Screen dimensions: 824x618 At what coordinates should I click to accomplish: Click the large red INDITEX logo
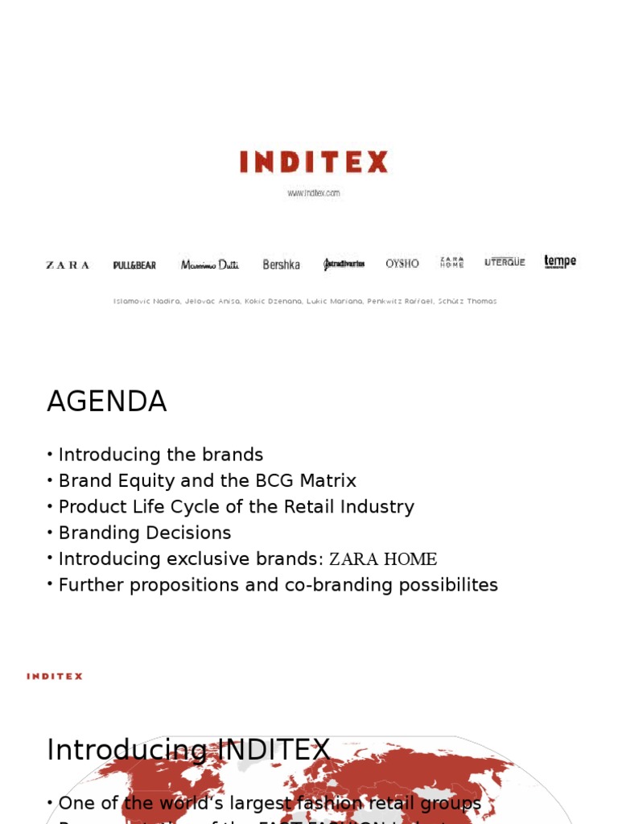click(314, 163)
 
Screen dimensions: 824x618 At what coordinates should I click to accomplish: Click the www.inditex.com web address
click(314, 193)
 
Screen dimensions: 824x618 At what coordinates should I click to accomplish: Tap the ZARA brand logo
click(68, 265)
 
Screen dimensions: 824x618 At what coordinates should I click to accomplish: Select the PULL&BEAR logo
click(135, 265)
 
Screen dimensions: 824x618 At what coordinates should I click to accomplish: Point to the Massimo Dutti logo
click(210, 265)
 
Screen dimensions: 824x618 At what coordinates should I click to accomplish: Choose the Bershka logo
click(282, 265)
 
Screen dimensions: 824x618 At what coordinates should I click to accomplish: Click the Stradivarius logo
click(344, 265)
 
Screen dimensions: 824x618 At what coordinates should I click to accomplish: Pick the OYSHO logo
click(402, 263)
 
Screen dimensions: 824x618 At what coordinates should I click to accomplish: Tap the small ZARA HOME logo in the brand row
click(452, 262)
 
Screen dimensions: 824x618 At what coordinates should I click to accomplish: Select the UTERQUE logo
click(505, 262)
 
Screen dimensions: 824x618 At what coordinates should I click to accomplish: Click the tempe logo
click(560, 262)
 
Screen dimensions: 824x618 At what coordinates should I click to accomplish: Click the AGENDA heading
click(107, 402)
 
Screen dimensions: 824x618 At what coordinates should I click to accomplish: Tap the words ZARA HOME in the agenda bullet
click(383, 559)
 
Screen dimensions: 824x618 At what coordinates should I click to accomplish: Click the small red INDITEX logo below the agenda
click(55, 677)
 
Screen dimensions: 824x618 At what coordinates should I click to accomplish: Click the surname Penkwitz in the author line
click(384, 302)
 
